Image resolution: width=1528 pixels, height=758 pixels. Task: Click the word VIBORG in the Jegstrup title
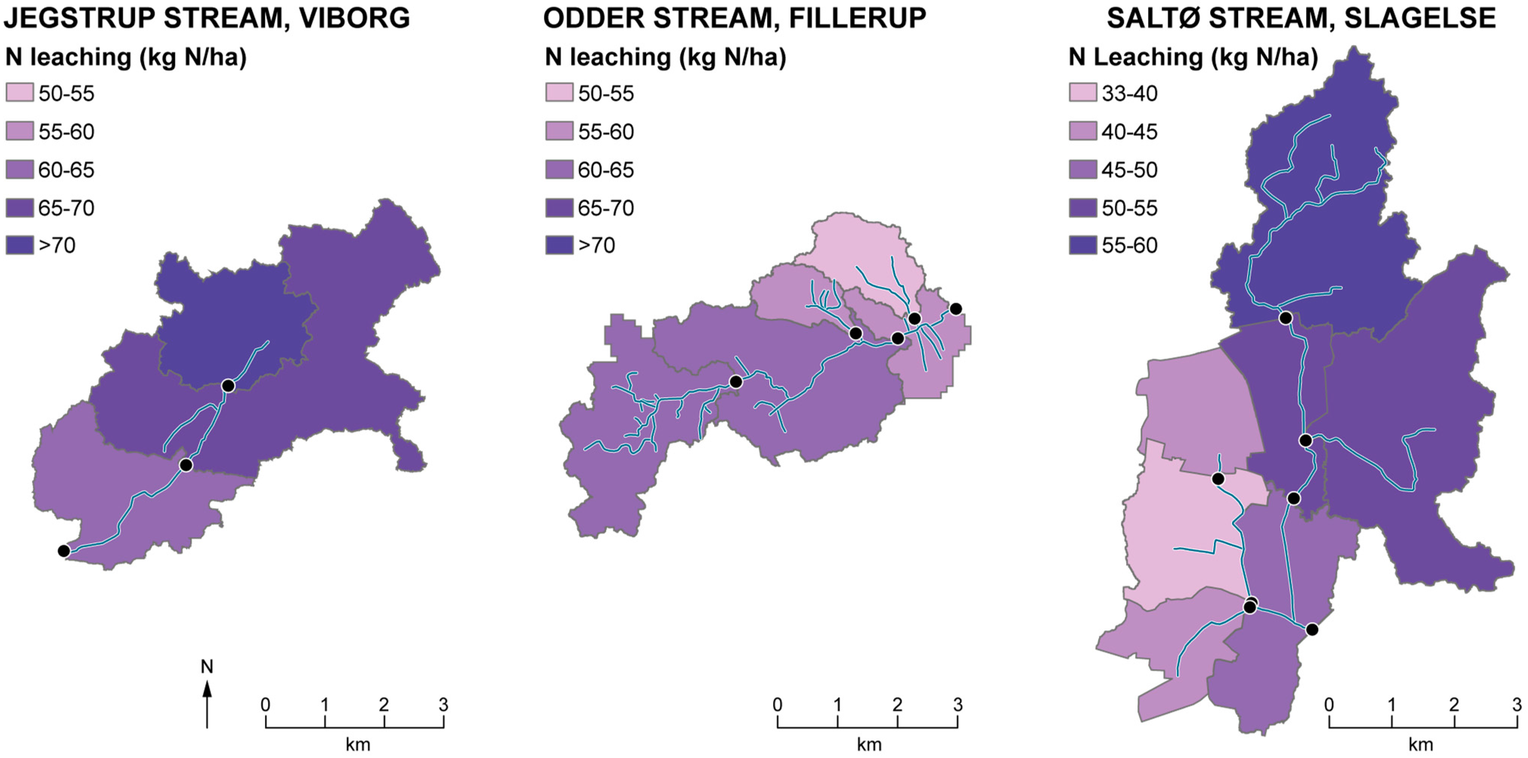point(355,19)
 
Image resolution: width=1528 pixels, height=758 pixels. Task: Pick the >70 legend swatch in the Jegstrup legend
point(20,245)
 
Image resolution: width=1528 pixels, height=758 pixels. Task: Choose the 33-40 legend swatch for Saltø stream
point(1083,93)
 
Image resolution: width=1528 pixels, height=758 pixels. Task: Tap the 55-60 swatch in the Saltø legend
point(1083,245)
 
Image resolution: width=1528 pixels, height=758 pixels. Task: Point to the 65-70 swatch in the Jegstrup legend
point(20,208)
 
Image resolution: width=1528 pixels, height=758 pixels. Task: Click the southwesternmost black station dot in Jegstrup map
point(64,551)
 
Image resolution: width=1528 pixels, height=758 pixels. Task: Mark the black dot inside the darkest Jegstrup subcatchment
point(228,386)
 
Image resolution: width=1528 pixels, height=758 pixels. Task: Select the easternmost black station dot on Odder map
point(955,309)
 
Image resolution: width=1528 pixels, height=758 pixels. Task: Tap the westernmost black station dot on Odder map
point(736,382)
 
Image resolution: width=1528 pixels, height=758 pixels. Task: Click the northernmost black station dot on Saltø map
point(1285,318)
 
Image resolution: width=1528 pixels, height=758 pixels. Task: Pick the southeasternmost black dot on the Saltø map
point(1312,629)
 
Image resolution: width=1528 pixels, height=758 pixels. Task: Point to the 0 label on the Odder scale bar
point(778,705)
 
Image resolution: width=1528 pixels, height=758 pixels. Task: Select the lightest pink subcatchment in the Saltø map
point(1181,534)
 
